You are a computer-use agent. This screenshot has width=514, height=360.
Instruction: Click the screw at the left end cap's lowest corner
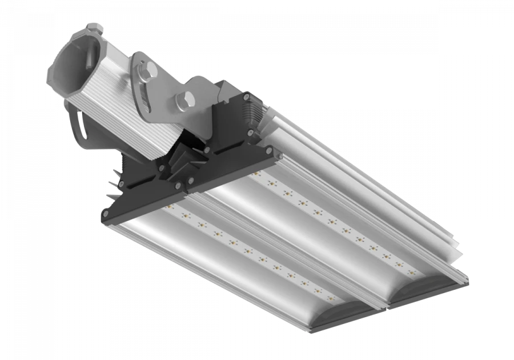click(106, 214)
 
